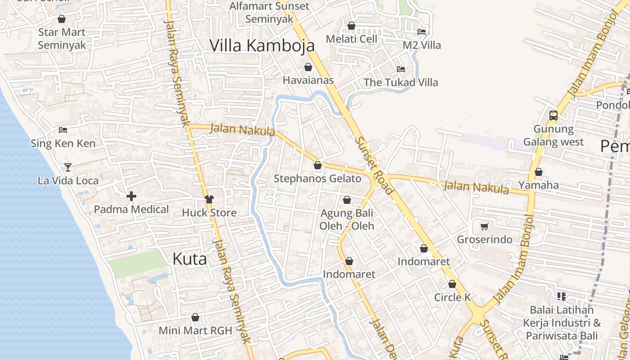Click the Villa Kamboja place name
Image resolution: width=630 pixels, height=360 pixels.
click(x=262, y=45)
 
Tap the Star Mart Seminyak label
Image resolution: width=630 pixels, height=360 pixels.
click(x=62, y=39)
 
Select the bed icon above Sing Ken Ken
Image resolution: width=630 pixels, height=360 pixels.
click(x=63, y=130)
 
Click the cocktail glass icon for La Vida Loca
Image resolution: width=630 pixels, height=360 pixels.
click(x=67, y=167)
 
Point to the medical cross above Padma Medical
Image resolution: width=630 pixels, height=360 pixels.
click(x=131, y=196)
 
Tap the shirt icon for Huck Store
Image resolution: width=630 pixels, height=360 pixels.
click(x=209, y=199)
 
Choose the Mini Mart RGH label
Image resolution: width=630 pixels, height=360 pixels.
click(x=195, y=330)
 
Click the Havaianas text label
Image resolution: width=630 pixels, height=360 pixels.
click(x=308, y=80)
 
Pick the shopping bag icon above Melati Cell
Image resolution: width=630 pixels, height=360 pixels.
click(x=351, y=26)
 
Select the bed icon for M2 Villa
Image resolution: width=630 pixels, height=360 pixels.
click(x=422, y=32)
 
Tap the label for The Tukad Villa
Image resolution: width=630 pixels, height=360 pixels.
click(x=400, y=82)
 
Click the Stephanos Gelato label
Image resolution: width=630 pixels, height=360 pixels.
click(x=318, y=179)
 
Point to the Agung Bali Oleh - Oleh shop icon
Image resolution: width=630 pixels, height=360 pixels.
click(x=347, y=200)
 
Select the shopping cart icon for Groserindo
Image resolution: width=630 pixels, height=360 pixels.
click(x=485, y=226)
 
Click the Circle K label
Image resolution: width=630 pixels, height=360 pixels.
click(x=452, y=297)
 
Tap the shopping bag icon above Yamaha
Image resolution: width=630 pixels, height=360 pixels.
click(x=538, y=172)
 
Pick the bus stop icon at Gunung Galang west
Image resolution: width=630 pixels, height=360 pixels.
click(x=553, y=115)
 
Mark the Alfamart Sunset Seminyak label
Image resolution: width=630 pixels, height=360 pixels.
click(x=270, y=13)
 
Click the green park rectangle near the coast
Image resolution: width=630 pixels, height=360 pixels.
click(x=137, y=263)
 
